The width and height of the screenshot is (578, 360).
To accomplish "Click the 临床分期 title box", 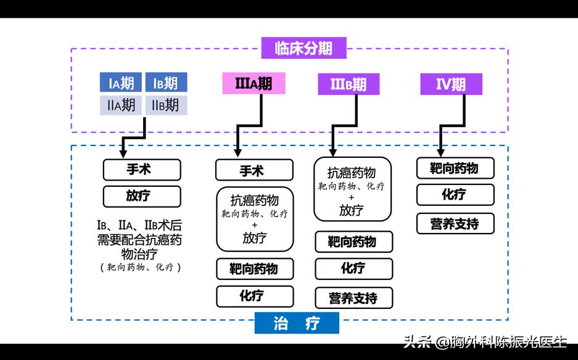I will [x=303, y=48].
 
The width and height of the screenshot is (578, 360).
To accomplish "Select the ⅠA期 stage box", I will [x=121, y=83].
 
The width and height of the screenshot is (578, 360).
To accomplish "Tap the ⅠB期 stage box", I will [x=166, y=83].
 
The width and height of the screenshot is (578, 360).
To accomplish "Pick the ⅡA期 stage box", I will [x=121, y=105].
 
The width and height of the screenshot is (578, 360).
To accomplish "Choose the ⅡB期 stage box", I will [x=166, y=105].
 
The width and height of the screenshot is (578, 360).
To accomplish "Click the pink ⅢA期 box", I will [x=254, y=84].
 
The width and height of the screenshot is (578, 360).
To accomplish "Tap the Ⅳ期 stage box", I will [x=451, y=84].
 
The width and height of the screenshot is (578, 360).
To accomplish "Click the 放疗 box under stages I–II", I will [x=141, y=197].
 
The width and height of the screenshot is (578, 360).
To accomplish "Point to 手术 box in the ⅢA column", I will [x=254, y=170].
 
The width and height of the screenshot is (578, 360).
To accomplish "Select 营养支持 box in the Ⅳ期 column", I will [x=455, y=224].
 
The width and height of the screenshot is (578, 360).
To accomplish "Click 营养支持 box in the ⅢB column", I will [x=353, y=298].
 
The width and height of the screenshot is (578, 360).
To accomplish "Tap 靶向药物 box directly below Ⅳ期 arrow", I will [x=455, y=168].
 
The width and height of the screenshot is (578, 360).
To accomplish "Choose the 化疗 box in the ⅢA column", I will [x=254, y=296].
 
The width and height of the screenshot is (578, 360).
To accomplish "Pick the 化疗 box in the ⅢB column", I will [x=353, y=269].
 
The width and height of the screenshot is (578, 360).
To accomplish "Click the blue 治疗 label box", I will [x=297, y=323].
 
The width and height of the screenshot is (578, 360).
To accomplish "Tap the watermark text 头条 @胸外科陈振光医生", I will [x=484, y=341].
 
